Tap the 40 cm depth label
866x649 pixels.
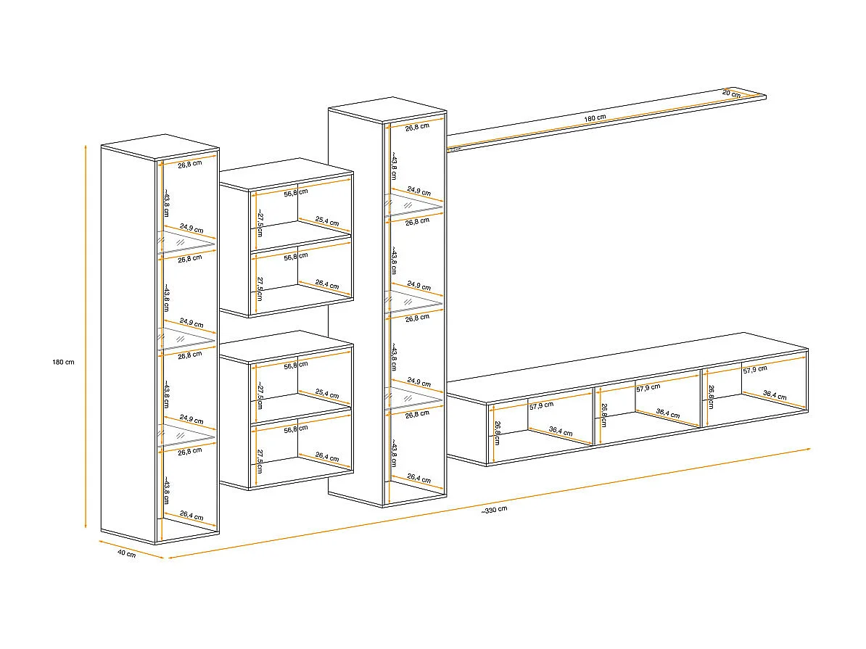(126, 554)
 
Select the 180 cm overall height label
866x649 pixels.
(65, 362)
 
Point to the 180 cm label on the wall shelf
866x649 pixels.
(595, 117)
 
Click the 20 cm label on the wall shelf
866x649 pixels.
(731, 94)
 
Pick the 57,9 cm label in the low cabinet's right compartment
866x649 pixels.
(755, 369)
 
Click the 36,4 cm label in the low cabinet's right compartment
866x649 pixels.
(775, 396)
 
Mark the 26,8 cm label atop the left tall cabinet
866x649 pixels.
(190, 164)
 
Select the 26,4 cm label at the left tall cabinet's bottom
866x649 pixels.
(191, 516)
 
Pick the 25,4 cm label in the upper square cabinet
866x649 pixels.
(327, 221)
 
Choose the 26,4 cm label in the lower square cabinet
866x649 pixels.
(327, 458)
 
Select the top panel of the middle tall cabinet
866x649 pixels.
(387, 108)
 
